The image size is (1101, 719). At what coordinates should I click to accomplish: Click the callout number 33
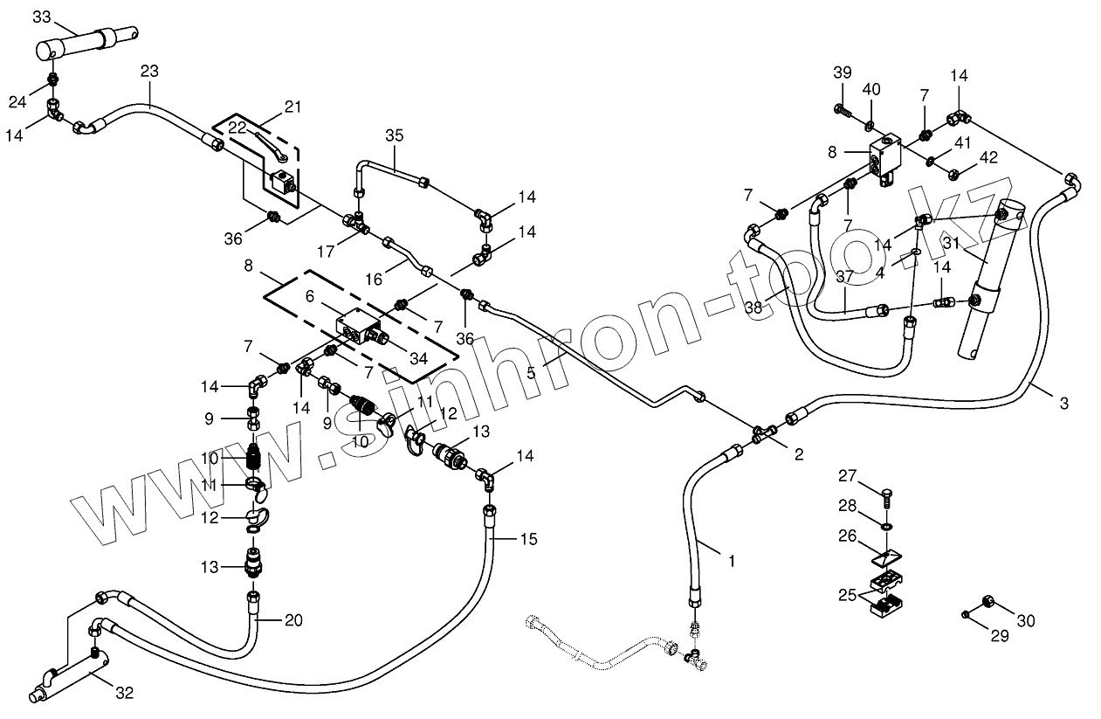coord(41,17)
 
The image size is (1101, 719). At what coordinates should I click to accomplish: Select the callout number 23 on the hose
coord(149,72)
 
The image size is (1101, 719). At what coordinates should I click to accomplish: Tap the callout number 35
coord(395,135)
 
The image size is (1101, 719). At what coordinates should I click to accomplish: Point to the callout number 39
coord(842,72)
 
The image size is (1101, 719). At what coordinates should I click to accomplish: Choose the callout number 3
coord(1063,403)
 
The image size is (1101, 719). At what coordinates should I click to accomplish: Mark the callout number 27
coord(848,475)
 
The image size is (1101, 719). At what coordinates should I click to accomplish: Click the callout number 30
coord(1025,620)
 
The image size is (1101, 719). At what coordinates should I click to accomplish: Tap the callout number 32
coord(125,693)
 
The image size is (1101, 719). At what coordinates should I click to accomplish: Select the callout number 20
coord(293,620)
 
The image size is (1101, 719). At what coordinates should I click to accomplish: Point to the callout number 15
coord(528,538)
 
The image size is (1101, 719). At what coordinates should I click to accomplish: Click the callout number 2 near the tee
coord(798,454)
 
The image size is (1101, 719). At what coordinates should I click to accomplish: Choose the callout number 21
coord(292,107)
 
